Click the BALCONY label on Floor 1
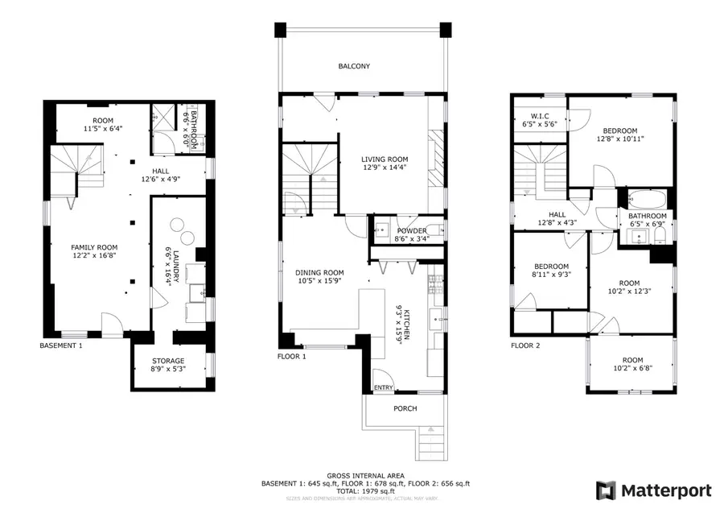coord(354,67)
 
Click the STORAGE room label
coord(169,361)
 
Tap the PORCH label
coord(405,408)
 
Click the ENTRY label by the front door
coord(385,388)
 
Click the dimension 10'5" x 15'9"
coord(319,281)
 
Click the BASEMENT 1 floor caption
coord(61,345)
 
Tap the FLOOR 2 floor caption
coord(525,345)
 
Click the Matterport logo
coord(652,490)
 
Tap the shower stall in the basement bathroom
coord(164,118)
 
